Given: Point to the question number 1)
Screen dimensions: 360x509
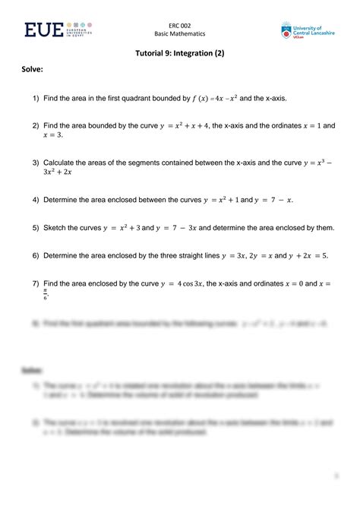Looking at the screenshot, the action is coord(36,99).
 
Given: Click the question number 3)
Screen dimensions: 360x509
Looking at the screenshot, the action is coord(36,163).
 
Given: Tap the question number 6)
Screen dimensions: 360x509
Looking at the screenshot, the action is coord(36,256).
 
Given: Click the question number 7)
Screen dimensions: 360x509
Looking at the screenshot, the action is coord(36,283).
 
